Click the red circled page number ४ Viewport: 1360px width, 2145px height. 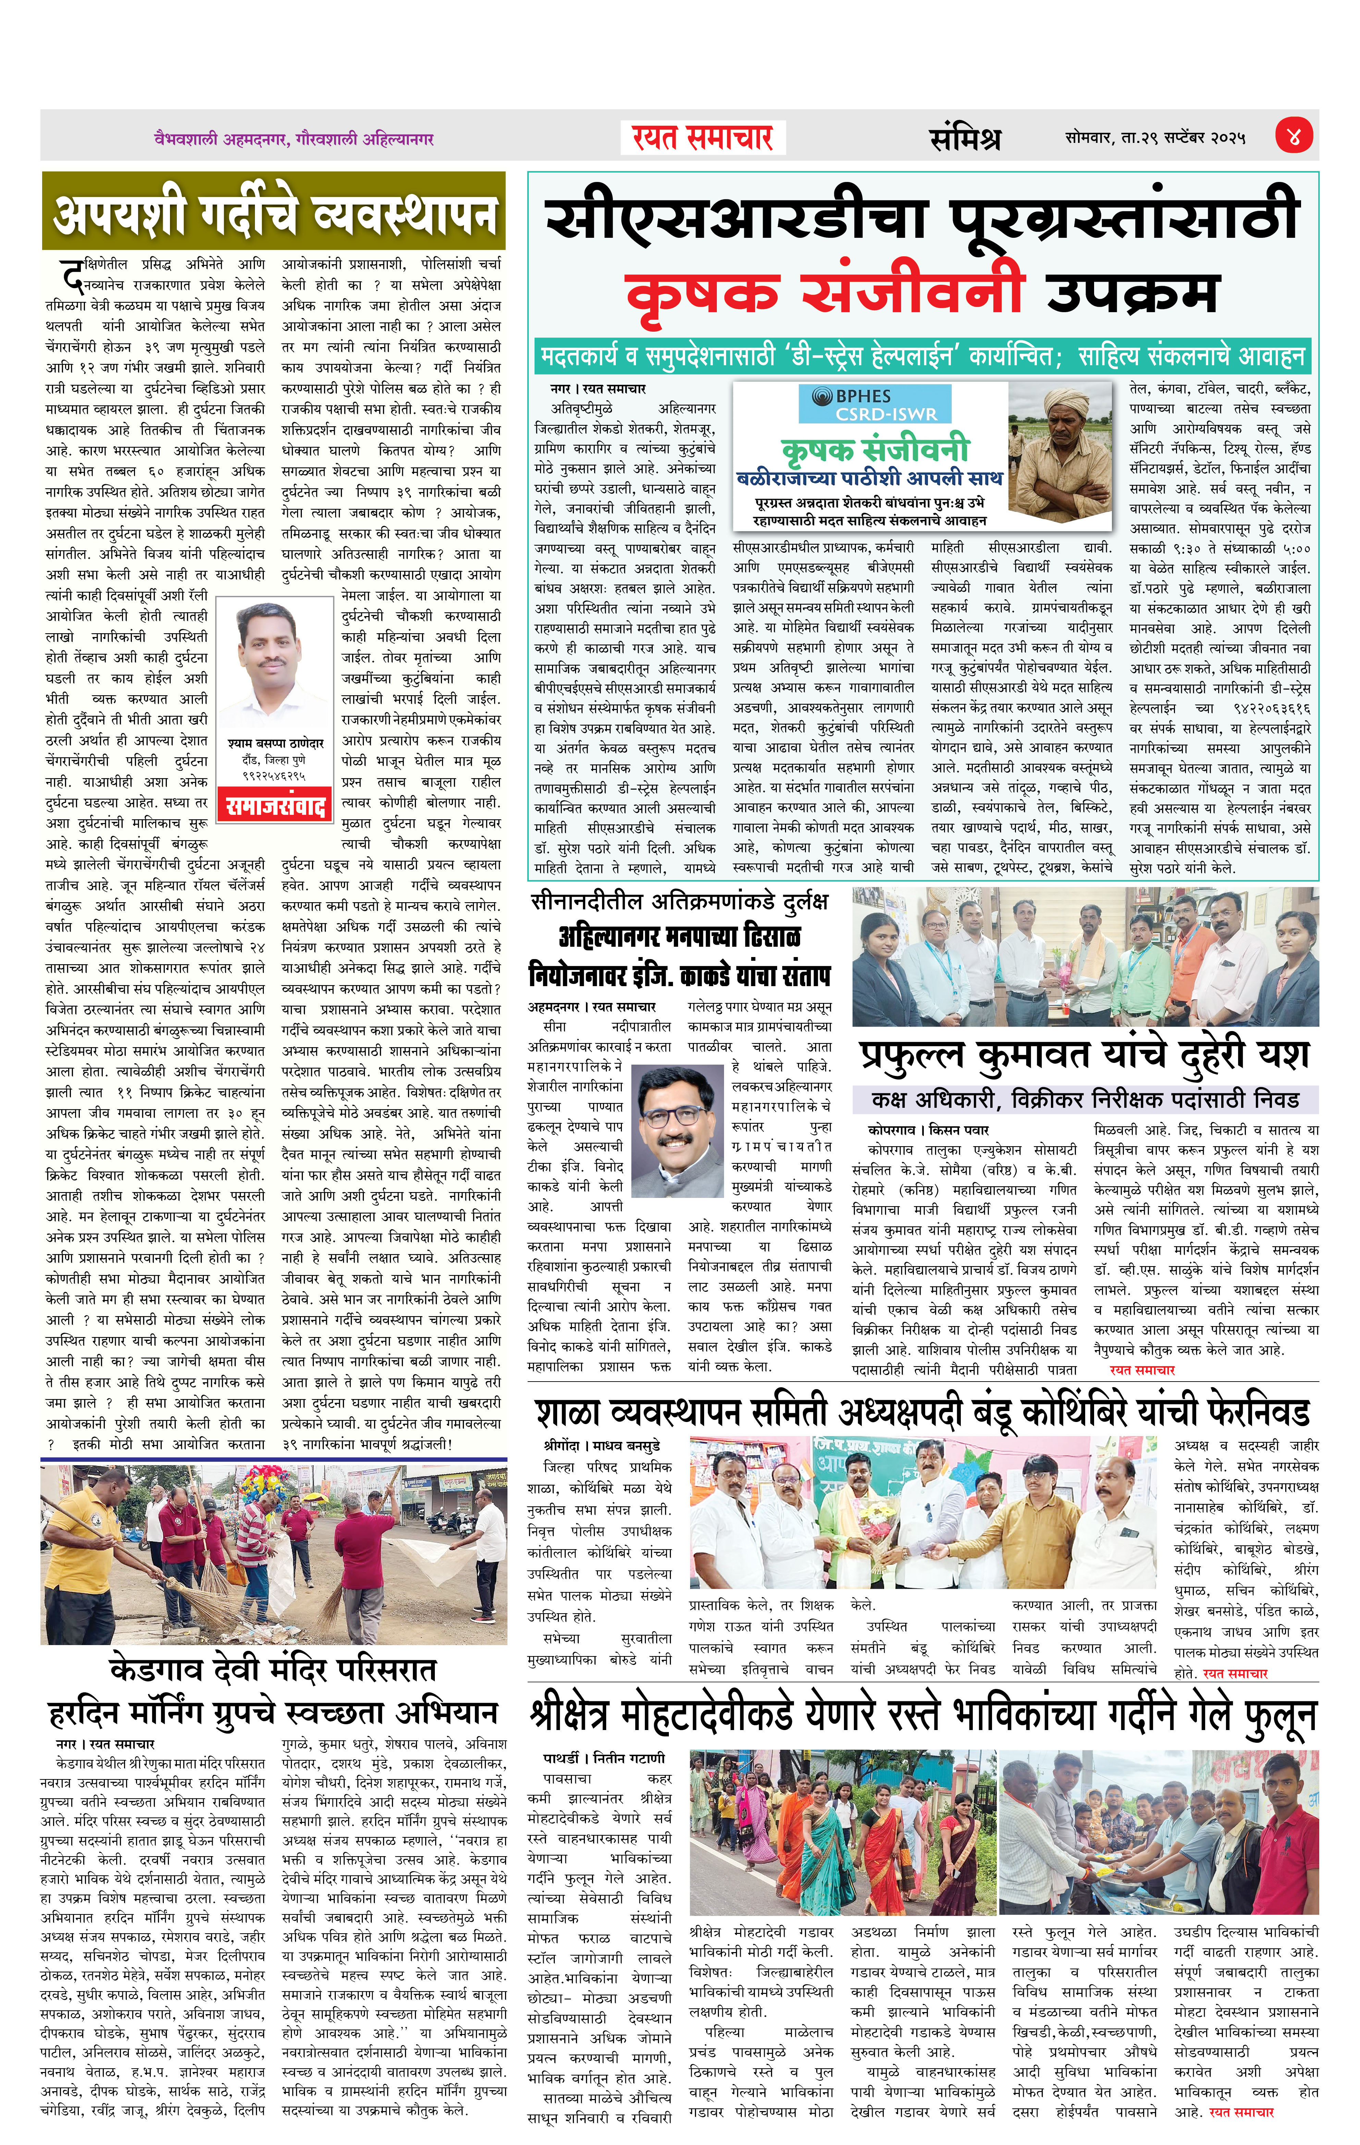1292,136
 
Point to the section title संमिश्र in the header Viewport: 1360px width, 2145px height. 965,138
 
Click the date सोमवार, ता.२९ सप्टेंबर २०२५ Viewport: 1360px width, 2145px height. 1155,138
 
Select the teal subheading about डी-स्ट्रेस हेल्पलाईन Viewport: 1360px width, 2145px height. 923,357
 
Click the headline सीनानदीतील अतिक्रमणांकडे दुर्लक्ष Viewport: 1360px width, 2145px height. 679,902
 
